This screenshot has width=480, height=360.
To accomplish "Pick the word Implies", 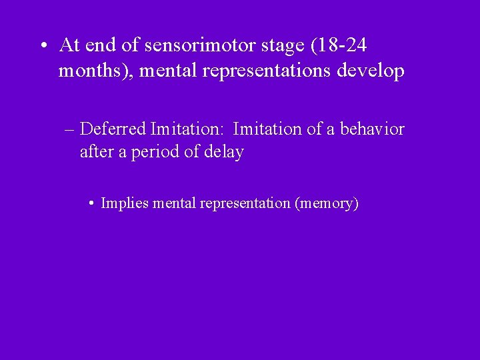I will click(124, 203).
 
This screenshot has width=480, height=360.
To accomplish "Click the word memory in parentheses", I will click(327, 203).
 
